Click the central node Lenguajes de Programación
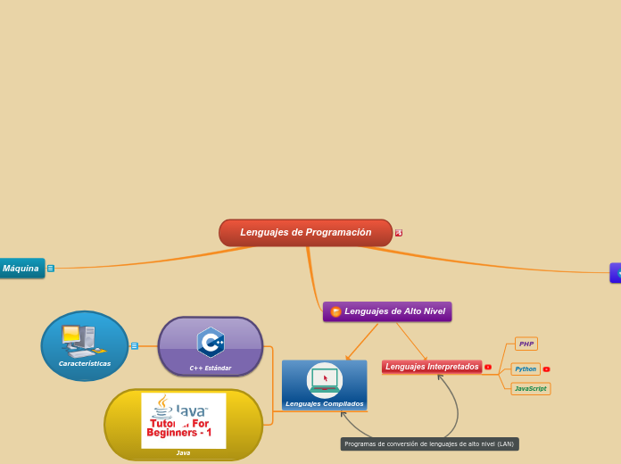(305, 233)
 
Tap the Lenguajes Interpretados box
(432, 367)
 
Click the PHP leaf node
(526, 344)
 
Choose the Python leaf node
(526, 369)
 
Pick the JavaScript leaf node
(531, 389)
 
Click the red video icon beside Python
(546, 369)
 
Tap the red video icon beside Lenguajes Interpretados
(488, 367)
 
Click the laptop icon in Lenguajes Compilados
(324, 378)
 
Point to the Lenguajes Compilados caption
(325, 404)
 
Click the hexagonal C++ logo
(211, 342)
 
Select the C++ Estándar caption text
(211, 368)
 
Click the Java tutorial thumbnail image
(184, 420)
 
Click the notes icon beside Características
(135, 346)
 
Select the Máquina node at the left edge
(20, 269)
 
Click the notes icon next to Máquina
(51, 269)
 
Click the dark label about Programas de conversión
(429, 443)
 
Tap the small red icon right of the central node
(399, 233)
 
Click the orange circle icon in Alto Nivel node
(335, 311)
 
